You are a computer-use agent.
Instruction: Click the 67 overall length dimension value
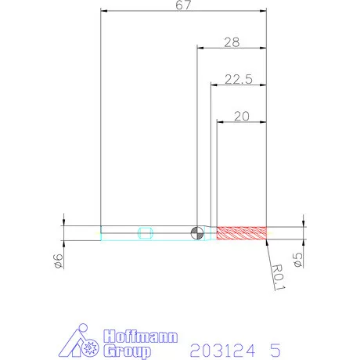click(x=183, y=5)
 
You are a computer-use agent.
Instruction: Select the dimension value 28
click(x=232, y=42)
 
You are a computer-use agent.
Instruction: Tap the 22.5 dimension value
click(x=239, y=79)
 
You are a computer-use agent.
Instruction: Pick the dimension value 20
click(x=242, y=117)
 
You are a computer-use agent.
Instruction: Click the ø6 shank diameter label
click(x=58, y=261)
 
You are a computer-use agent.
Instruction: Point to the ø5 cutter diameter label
click(x=298, y=260)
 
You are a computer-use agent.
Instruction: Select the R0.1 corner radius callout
click(x=279, y=277)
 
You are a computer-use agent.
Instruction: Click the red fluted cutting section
click(x=242, y=233)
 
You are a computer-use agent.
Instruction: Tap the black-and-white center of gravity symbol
click(x=197, y=233)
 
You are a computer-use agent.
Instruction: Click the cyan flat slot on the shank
click(x=146, y=233)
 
